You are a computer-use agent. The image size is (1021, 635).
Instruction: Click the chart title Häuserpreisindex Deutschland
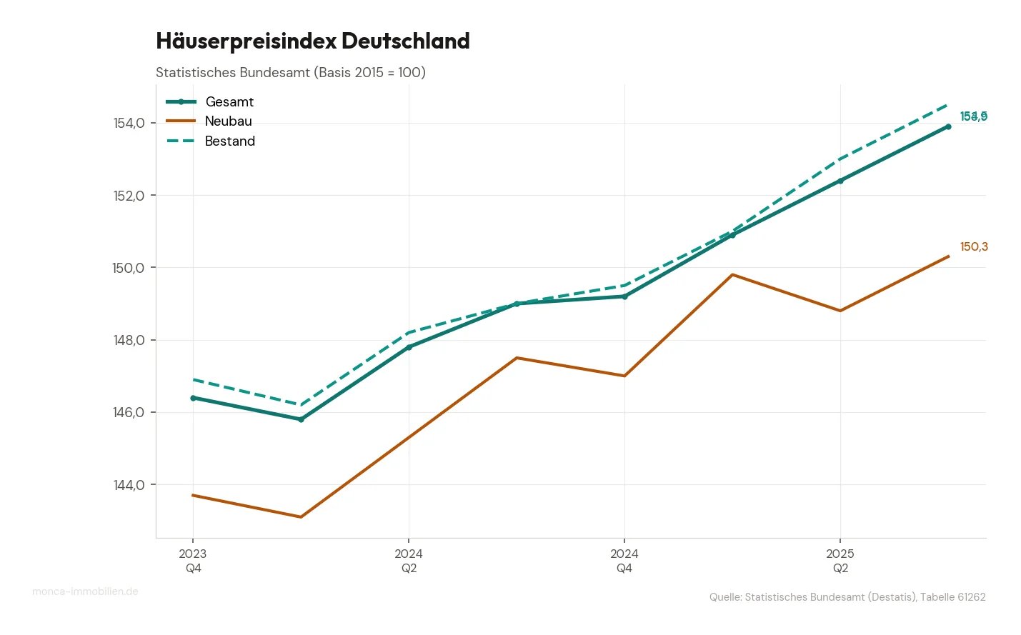click(313, 41)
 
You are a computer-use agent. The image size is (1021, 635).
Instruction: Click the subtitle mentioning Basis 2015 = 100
click(290, 72)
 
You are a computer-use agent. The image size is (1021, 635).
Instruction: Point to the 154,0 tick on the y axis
click(129, 123)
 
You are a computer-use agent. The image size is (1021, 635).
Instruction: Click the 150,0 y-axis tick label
click(129, 268)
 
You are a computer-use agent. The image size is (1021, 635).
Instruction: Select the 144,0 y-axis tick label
click(129, 485)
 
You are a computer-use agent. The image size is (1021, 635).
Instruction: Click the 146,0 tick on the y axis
click(129, 412)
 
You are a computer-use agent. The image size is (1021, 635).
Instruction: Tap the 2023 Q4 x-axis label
click(193, 561)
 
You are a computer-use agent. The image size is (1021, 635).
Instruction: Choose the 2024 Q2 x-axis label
click(409, 561)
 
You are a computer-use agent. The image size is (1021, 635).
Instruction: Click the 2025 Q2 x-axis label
click(840, 561)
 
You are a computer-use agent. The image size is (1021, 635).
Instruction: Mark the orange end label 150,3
click(974, 247)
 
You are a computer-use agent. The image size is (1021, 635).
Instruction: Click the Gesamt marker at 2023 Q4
click(193, 398)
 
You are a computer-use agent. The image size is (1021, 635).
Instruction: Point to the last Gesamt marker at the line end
click(948, 126)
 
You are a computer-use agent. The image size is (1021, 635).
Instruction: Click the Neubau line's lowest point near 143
click(301, 516)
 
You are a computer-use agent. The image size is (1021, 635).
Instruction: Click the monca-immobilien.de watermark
click(85, 591)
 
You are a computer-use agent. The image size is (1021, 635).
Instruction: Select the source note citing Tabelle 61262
click(847, 597)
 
